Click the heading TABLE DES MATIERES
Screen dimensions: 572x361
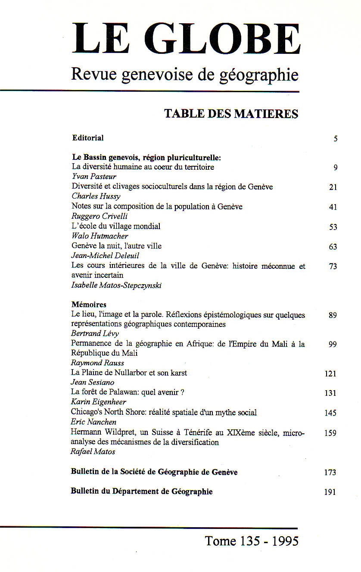tap(231, 114)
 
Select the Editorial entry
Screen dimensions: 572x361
tap(88, 138)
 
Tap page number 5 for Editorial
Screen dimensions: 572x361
tap(335, 139)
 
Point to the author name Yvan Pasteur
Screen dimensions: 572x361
tap(94, 177)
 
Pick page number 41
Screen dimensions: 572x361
tap(333, 207)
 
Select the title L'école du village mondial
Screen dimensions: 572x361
tap(116, 226)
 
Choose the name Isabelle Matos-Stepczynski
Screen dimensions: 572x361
tap(116, 285)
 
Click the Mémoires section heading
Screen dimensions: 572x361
tap(89, 305)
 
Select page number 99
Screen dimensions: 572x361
tap(333, 344)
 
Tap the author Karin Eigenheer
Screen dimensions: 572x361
tap(98, 402)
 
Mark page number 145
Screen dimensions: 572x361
tap(330, 413)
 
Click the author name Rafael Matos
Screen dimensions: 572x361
tap(93, 451)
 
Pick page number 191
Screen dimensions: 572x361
tap(330, 492)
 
